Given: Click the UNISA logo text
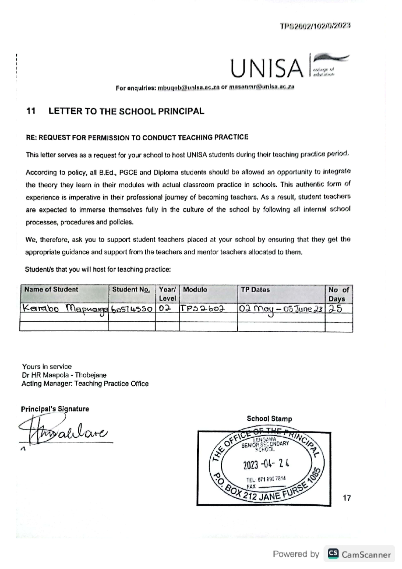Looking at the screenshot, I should tap(267, 68).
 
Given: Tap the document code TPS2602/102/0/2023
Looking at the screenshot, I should tap(315, 26).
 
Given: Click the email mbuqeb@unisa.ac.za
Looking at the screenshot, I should tap(188, 87).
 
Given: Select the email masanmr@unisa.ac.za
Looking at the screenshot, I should tap(261, 87).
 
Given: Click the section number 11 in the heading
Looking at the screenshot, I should tap(31, 111).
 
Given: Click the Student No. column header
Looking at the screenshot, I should tap(131, 290).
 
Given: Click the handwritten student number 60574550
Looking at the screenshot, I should tap(132, 309).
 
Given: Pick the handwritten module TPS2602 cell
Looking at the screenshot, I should tap(202, 309).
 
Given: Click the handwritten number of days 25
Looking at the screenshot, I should tap(335, 309).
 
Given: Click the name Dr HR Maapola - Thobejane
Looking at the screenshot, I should tap(64, 375).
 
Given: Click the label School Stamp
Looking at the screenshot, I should tap(269, 419).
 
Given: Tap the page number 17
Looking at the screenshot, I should tap(347, 498).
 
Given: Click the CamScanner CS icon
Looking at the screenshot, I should tap(333, 554).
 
